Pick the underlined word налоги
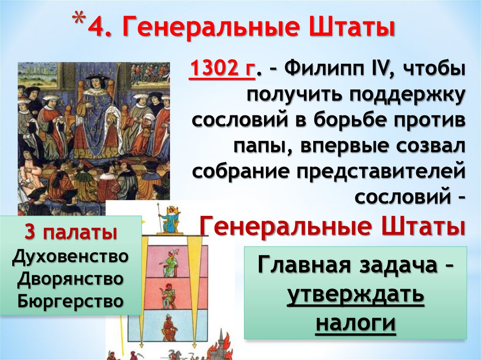[356, 323]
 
